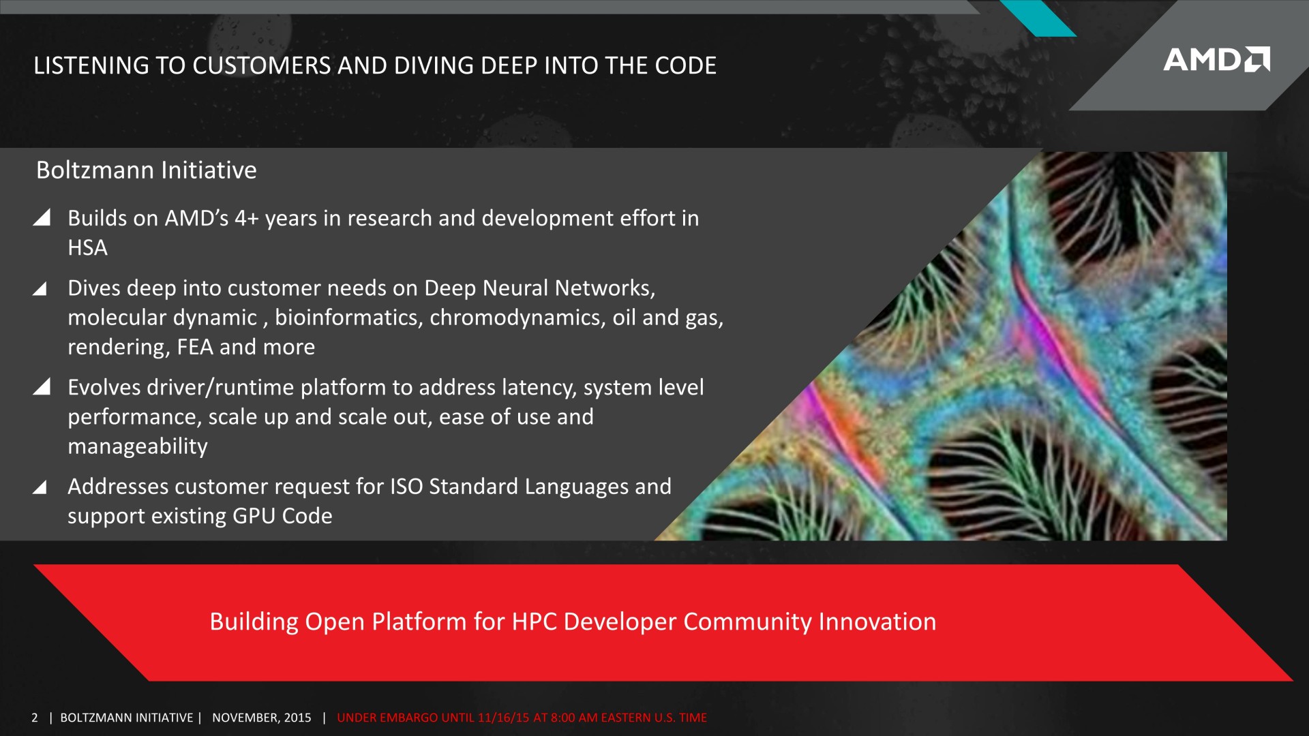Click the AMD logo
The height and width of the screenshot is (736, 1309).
click(1216, 59)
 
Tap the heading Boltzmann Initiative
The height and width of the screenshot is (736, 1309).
click(147, 170)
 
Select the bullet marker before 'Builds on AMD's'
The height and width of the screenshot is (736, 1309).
click(42, 217)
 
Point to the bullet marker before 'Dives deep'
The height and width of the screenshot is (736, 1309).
click(40, 288)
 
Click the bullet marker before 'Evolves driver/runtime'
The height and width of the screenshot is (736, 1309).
click(42, 386)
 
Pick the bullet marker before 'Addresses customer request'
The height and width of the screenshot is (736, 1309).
click(40, 487)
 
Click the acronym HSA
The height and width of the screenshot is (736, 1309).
click(88, 247)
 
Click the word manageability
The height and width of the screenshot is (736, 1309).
click(138, 446)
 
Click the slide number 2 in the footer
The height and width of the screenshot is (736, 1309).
click(35, 718)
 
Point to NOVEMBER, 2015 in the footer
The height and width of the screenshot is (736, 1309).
click(262, 718)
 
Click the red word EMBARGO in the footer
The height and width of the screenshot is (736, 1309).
click(408, 718)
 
